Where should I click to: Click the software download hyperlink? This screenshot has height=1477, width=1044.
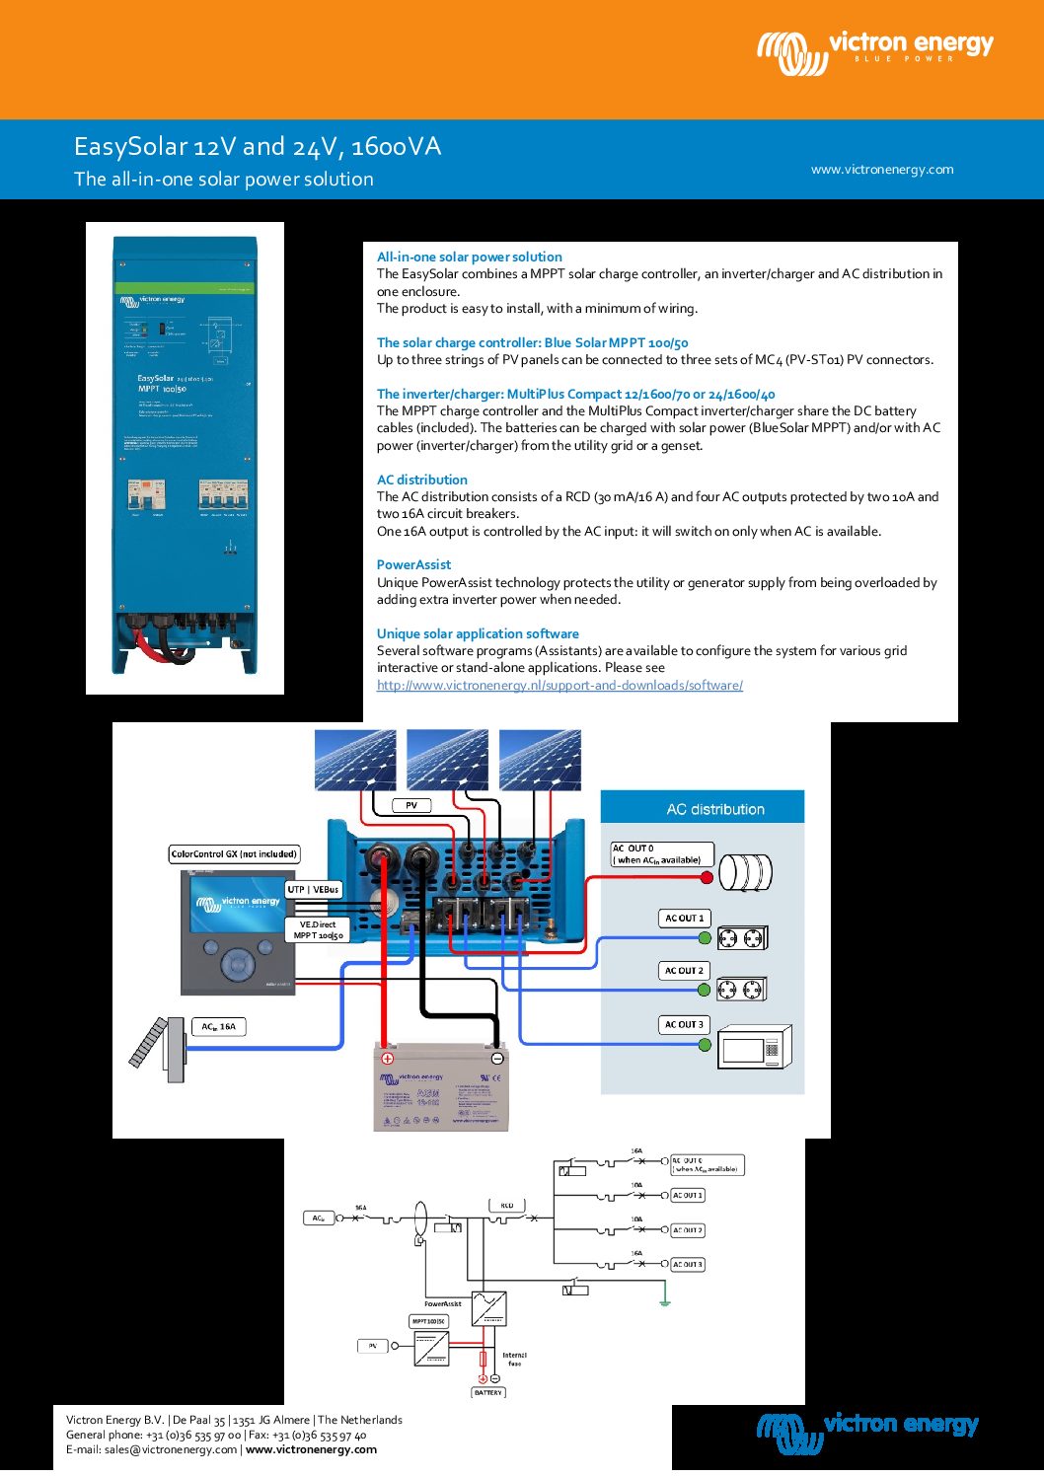click(559, 686)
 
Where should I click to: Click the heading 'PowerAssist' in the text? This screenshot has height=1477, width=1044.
click(413, 565)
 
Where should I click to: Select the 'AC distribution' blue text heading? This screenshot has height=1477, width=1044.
click(421, 480)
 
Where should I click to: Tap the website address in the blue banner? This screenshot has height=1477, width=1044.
click(882, 170)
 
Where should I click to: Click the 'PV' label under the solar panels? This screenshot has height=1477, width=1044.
click(411, 806)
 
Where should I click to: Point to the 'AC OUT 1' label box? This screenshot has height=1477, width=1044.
click(684, 919)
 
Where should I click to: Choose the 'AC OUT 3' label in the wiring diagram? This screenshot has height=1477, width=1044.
click(684, 1025)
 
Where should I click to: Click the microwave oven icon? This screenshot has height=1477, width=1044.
click(755, 1048)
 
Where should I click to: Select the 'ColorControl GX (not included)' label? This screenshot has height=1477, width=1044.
click(234, 854)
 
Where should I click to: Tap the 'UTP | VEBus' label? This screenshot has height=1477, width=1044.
click(313, 890)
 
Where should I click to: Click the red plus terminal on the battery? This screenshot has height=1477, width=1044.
click(388, 1059)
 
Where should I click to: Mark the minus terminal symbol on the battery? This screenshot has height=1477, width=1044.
click(496, 1059)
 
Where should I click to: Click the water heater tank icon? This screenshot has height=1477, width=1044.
click(745, 872)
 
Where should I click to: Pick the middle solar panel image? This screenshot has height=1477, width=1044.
click(447, 760)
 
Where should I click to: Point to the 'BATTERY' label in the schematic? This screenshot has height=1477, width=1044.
click(488, 1393)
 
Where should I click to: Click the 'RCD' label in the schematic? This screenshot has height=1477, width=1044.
click(506, 1206)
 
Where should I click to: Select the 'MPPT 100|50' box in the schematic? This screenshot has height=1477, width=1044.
click(428, 1321)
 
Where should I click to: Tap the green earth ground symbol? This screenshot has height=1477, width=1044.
click(665, 1302)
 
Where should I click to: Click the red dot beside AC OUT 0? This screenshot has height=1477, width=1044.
click(707, 877)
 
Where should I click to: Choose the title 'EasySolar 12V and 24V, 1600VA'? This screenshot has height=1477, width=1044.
click(258, 147)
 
